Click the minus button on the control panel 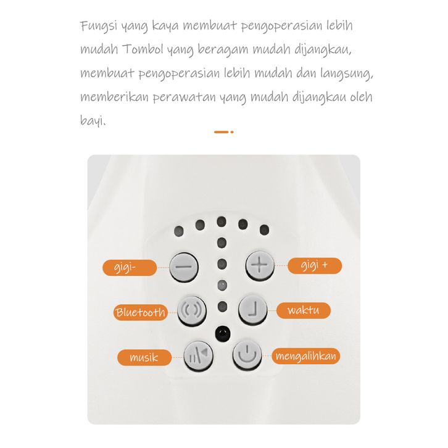point(184,267)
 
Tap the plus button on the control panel point(260,265)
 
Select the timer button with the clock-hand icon point(252,310)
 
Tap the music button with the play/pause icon point(198,356)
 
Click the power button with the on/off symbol point(247,355)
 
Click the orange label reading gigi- point(130,268)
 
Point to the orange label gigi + point(315,266)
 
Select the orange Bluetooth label point(141,312)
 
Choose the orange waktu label point(304,310)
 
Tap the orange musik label point(144,357)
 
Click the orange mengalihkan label point(305,356)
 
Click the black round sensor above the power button point(223,333)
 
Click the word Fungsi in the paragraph point(99,26)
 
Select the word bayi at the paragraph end point(91,120)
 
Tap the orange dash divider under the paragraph point(224,132)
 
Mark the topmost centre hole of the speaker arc point(222,222)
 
